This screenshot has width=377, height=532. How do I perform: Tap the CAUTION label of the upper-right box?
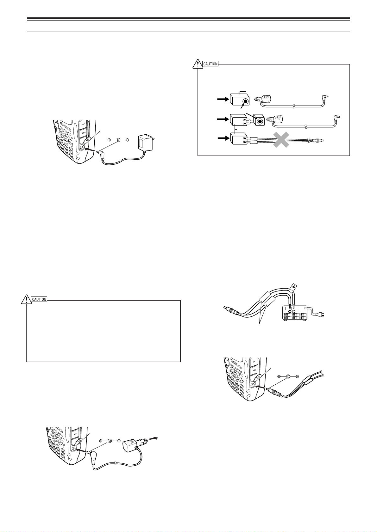tap(210, 64)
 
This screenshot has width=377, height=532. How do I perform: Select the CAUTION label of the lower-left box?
tap(39, 299)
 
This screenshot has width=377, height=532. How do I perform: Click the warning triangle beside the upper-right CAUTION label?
tap(198, 64)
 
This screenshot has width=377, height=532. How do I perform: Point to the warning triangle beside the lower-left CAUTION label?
tap(26, 299)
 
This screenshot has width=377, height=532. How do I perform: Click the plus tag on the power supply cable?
tap(293, 287)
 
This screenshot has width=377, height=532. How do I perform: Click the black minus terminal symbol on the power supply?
tap(290, 312)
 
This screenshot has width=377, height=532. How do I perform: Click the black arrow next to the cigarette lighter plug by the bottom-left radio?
tap(154, 438)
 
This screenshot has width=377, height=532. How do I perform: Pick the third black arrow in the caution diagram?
tap(223, 138)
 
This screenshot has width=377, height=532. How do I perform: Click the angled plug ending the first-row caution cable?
tap(324, 98)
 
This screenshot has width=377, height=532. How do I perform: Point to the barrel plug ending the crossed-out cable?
tap(317, 141)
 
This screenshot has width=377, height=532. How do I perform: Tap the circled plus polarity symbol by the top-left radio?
tap(109, 140)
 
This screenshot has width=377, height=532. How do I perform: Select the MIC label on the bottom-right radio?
tap(254, 370)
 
